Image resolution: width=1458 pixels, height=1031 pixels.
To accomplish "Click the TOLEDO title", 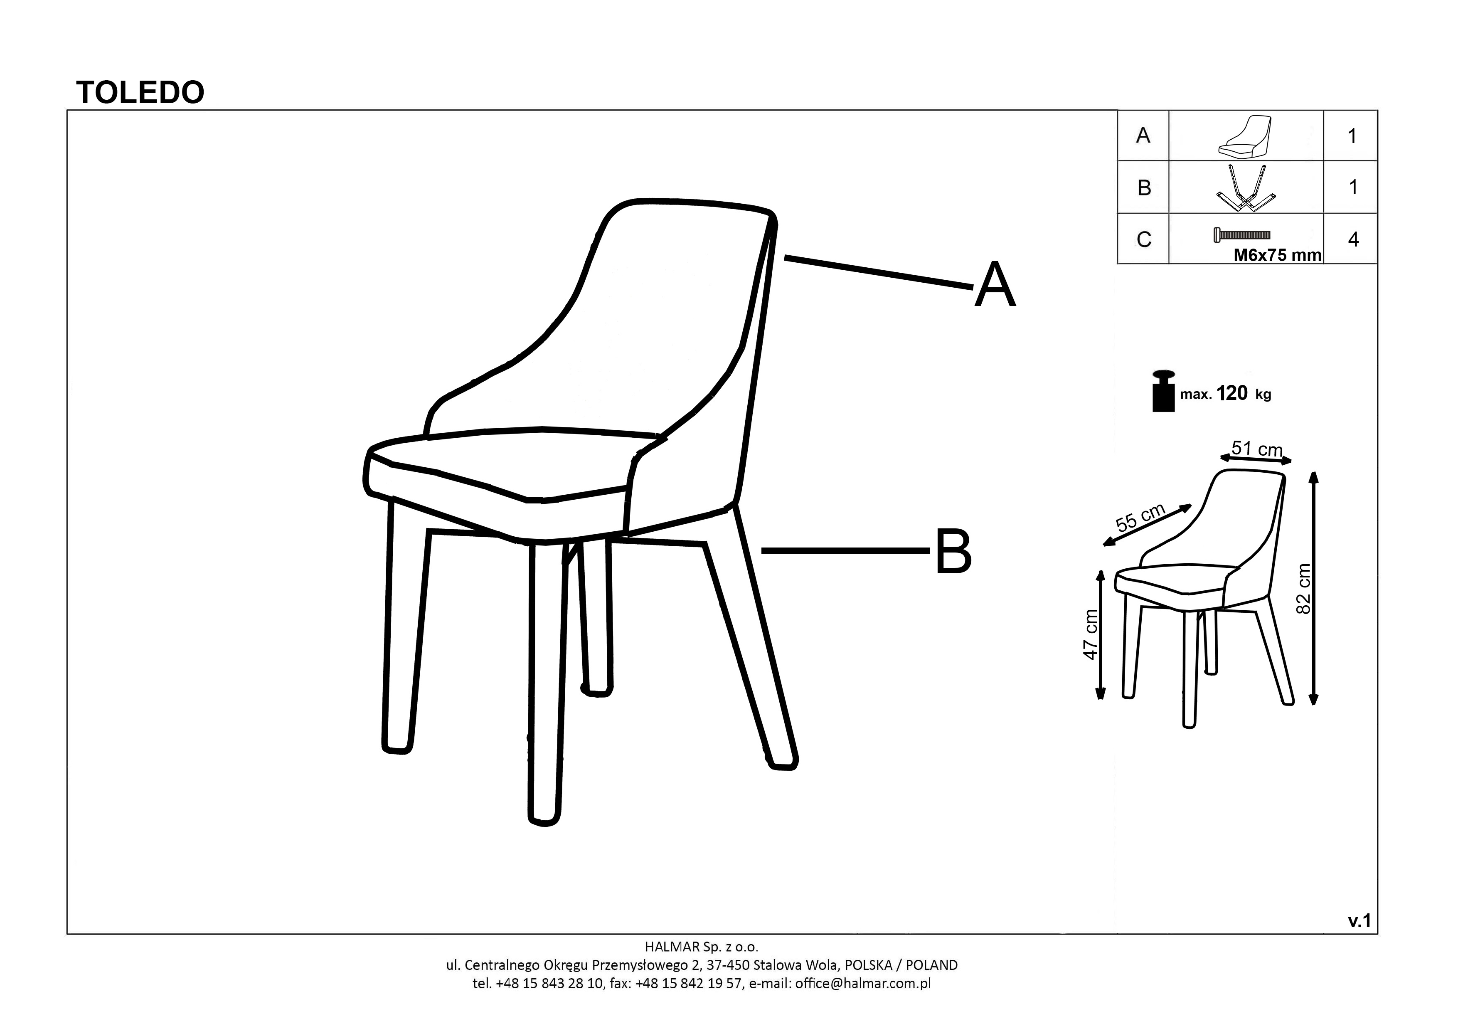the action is coord(140,93).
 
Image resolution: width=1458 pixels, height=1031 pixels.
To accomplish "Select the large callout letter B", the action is coord(953,552).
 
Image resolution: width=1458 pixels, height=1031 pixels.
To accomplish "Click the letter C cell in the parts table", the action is coord(1144,239).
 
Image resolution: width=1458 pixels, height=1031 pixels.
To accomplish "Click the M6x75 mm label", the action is coord(1277,255).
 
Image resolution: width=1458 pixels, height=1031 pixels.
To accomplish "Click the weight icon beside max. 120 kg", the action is coord(1163,391).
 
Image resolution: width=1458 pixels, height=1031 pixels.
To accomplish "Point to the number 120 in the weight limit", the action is coord(1233,393).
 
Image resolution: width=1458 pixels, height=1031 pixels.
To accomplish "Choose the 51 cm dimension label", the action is coord(1257,449).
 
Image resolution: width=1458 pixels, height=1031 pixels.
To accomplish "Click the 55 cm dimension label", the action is coord(1140,517).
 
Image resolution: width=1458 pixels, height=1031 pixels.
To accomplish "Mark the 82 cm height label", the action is coord(1303,588).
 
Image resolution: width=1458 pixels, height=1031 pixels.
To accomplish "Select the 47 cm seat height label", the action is coord(1090,635).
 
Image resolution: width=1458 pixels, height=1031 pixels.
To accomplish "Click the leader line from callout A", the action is coord(879,273).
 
